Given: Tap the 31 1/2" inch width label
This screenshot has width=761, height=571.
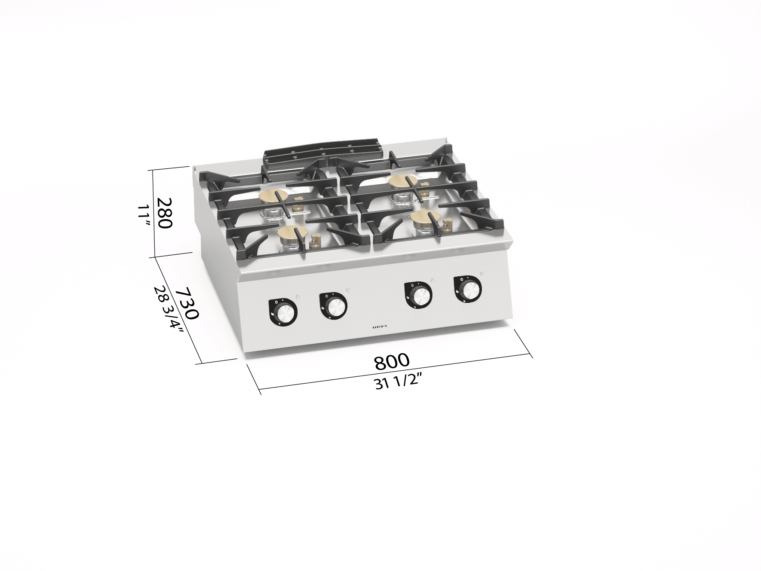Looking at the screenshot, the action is [397, 382].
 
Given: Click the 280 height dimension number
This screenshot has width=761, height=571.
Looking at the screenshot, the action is [164, 213].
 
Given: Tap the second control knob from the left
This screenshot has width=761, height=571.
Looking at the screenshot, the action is [333, 305].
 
